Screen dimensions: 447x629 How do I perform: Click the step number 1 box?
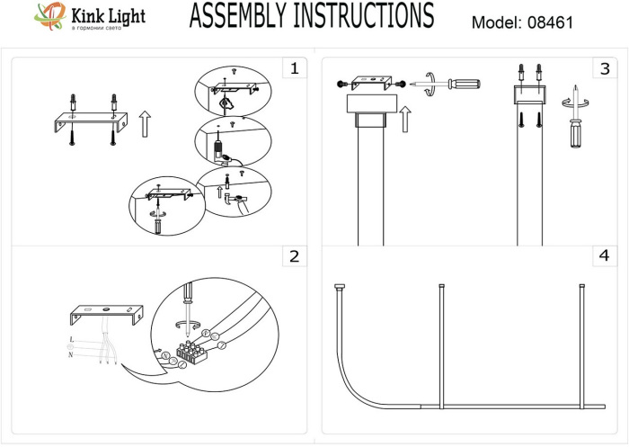point(293,68)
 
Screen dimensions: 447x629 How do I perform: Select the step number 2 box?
point(293,257)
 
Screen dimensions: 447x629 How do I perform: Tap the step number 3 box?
point(604,68)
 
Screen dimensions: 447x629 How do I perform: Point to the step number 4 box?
point(604,257)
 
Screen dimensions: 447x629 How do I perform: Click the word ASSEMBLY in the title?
point(244,17)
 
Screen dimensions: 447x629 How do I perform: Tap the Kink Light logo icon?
point(47,16)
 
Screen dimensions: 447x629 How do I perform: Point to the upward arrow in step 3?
point(405,117)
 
